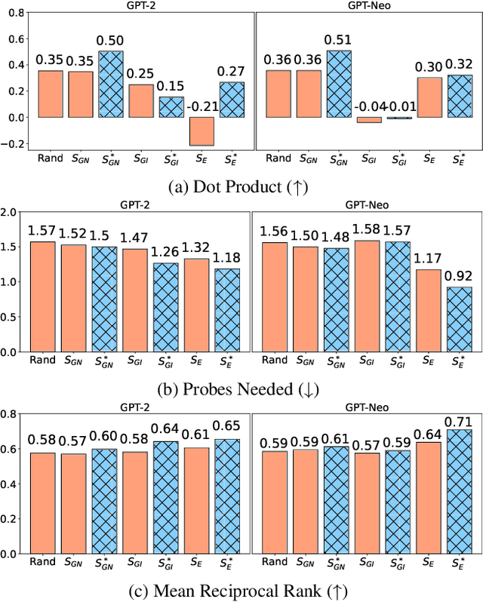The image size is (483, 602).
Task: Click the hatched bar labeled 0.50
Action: (110, 84)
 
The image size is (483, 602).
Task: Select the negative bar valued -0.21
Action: (202, 131)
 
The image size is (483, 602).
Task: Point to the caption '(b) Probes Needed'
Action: (241, 391)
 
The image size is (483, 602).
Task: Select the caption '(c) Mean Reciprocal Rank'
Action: (241, 591)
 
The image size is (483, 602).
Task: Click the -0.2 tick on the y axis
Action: (11, 143)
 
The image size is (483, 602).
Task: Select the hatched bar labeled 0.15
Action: (171, 107)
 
